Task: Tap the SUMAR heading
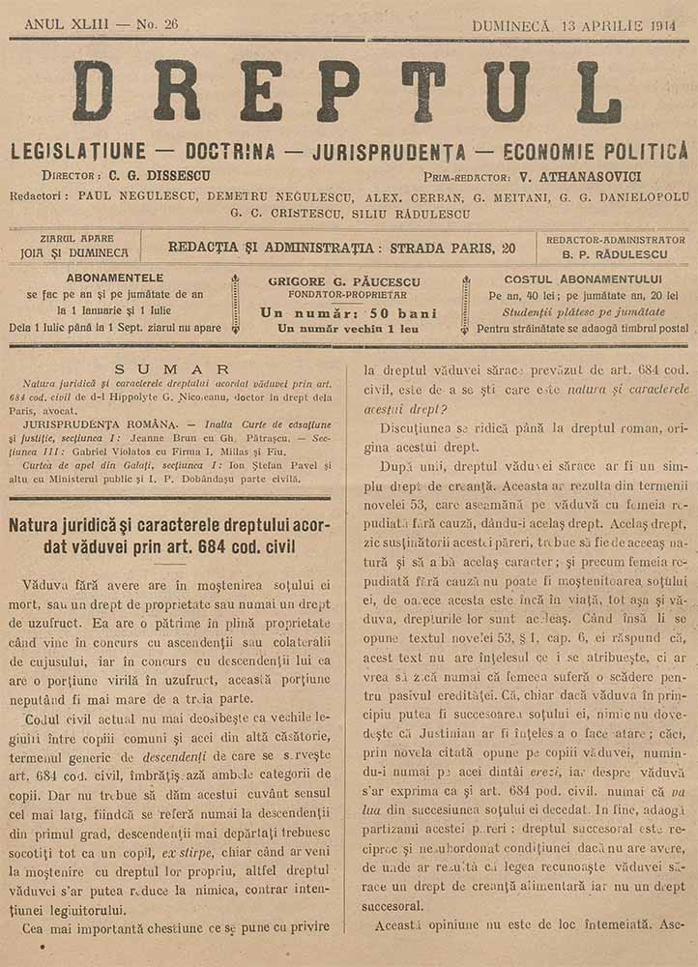[x=172, y=368]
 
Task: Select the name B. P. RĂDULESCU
[x=614, y=255]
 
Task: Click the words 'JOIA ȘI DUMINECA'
[x=73, y=253]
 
